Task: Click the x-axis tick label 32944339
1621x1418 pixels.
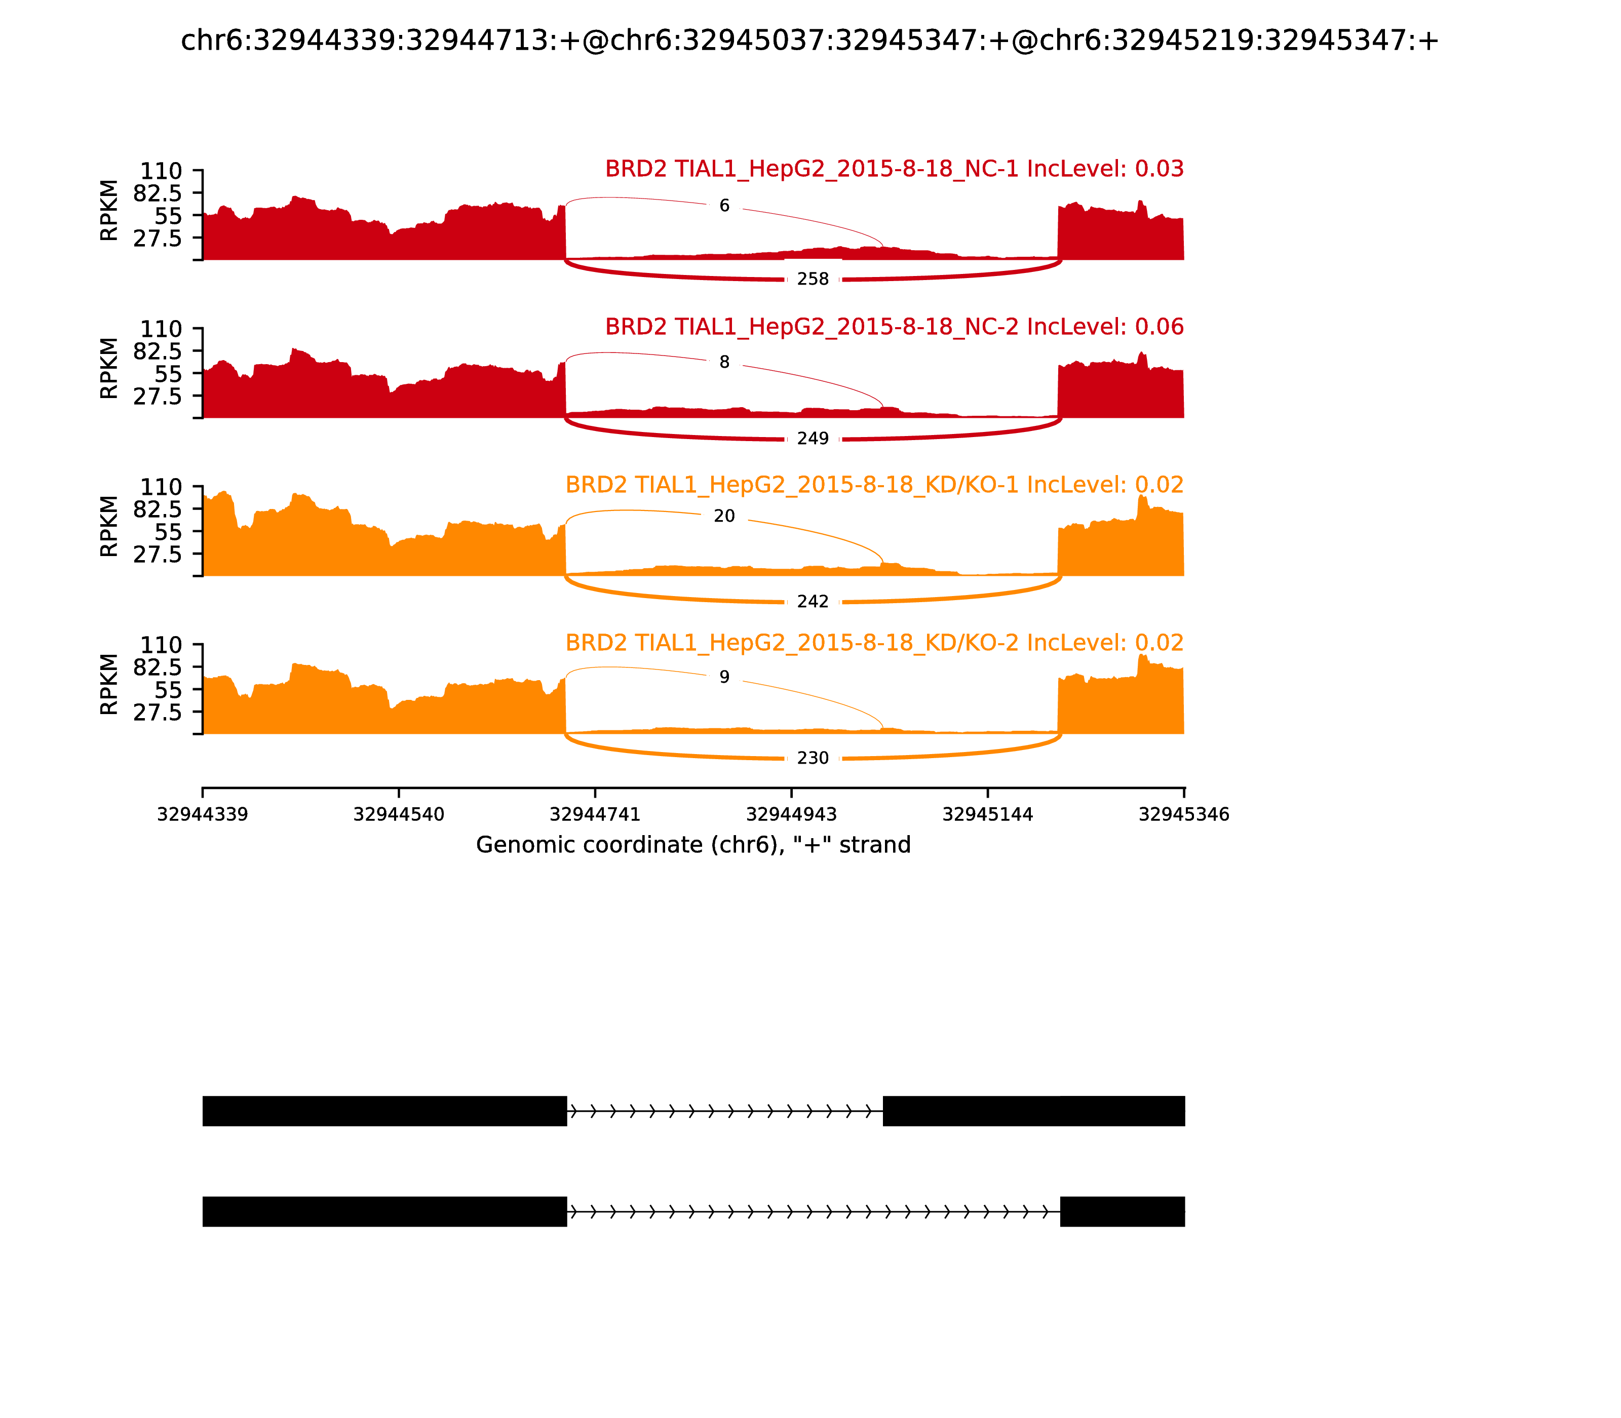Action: point(203,814)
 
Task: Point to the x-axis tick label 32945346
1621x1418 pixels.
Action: point(1183,814)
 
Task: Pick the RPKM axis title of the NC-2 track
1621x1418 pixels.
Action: point(109,368)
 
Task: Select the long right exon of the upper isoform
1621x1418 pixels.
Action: point(1033,1111)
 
